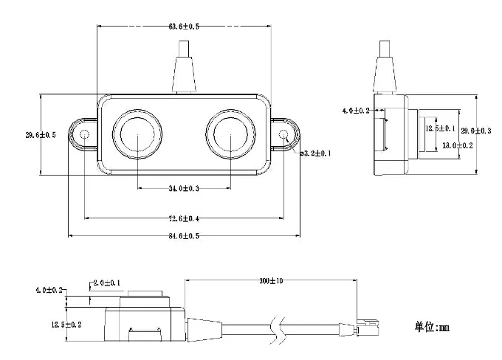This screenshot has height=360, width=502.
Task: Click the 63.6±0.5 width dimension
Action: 185,27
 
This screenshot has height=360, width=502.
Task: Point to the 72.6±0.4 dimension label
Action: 185,219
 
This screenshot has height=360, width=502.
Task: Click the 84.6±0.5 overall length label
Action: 185,236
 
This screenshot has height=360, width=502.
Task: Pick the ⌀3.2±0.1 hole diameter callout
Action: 316,153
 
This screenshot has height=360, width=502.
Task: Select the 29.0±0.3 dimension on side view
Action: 476,131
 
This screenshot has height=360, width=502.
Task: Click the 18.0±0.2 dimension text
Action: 457,146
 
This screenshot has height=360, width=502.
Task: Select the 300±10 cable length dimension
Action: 270,281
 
